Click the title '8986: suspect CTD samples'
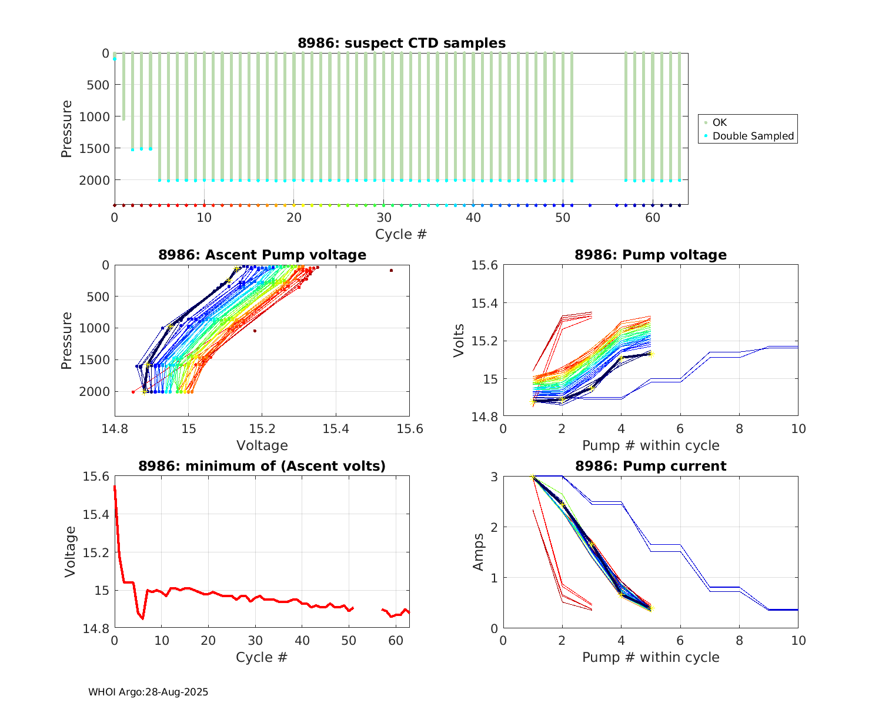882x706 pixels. tap(401, 43)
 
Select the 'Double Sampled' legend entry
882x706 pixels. tap(753, 136)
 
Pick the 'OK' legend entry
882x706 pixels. tap(720, 122)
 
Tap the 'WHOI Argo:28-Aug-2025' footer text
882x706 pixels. tap(148, 692)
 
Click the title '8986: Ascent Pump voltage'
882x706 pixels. tap(262, 255)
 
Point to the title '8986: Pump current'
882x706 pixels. tap(650, 466)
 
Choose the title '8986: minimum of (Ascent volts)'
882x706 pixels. tap(262, 466)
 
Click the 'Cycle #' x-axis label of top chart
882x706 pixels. tap(401, 234)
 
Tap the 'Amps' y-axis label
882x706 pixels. tap(479, 552)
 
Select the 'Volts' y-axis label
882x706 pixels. tap(459, 341)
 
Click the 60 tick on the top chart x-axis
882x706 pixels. tap(653, 217)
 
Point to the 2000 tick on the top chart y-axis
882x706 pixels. tap(94, 180)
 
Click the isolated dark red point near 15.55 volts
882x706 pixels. tap(391, 271)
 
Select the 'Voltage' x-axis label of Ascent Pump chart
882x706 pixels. tap(262, 445)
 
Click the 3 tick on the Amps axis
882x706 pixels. tap(494, 477)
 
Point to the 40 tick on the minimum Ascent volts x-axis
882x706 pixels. tap(302, 640)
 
